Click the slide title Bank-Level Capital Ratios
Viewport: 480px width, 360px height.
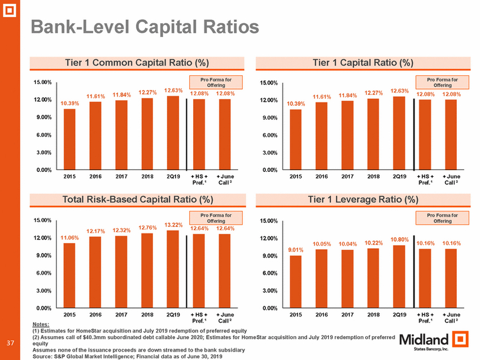click(x=145, y=27)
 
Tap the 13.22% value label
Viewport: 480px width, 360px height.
click(x=173, y=225)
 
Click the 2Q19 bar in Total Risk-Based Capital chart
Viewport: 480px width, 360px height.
click(x=173, y=269)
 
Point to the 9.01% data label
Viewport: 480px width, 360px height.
click(x=295, y=249)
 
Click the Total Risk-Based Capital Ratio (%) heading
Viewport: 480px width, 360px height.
click(x=137, y=199)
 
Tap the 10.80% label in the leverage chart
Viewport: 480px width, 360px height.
click(x=399, y=239)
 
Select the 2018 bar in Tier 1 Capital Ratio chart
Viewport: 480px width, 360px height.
click(x=373, y=134)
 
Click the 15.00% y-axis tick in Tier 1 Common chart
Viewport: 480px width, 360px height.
click(x=43, y=83)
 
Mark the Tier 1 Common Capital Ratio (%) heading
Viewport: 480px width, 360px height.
click(x=137, y=62)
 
